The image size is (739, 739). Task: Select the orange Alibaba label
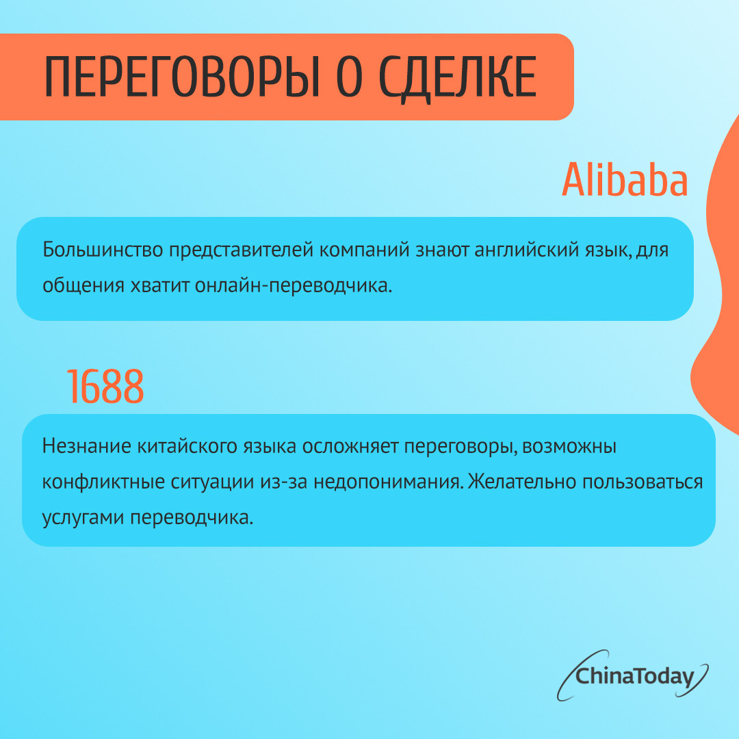[x=625, y=179]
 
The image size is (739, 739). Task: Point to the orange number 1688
[x=105, y=387]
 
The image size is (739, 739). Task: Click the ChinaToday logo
[x=632, y=675]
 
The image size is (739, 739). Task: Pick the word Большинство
[x=103, y=249]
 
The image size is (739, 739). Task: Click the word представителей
[x=241, y=250]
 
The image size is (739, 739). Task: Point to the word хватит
[x=159, y=285]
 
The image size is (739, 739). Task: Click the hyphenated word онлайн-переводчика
[x=293, y=285]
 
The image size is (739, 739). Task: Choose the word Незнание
[x=87, y=446]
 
